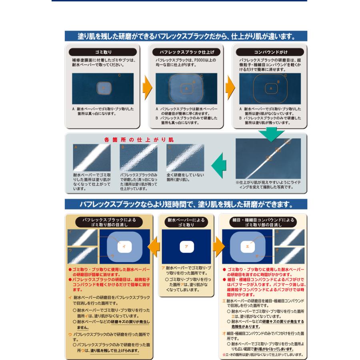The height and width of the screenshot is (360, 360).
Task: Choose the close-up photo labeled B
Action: [x=138, y=158]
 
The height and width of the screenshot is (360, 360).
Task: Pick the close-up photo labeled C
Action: [x=185, y=158]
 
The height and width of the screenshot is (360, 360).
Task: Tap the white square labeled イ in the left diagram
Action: [x=123, y=246]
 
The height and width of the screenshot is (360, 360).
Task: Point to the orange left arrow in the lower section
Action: [x=154, y=245]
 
